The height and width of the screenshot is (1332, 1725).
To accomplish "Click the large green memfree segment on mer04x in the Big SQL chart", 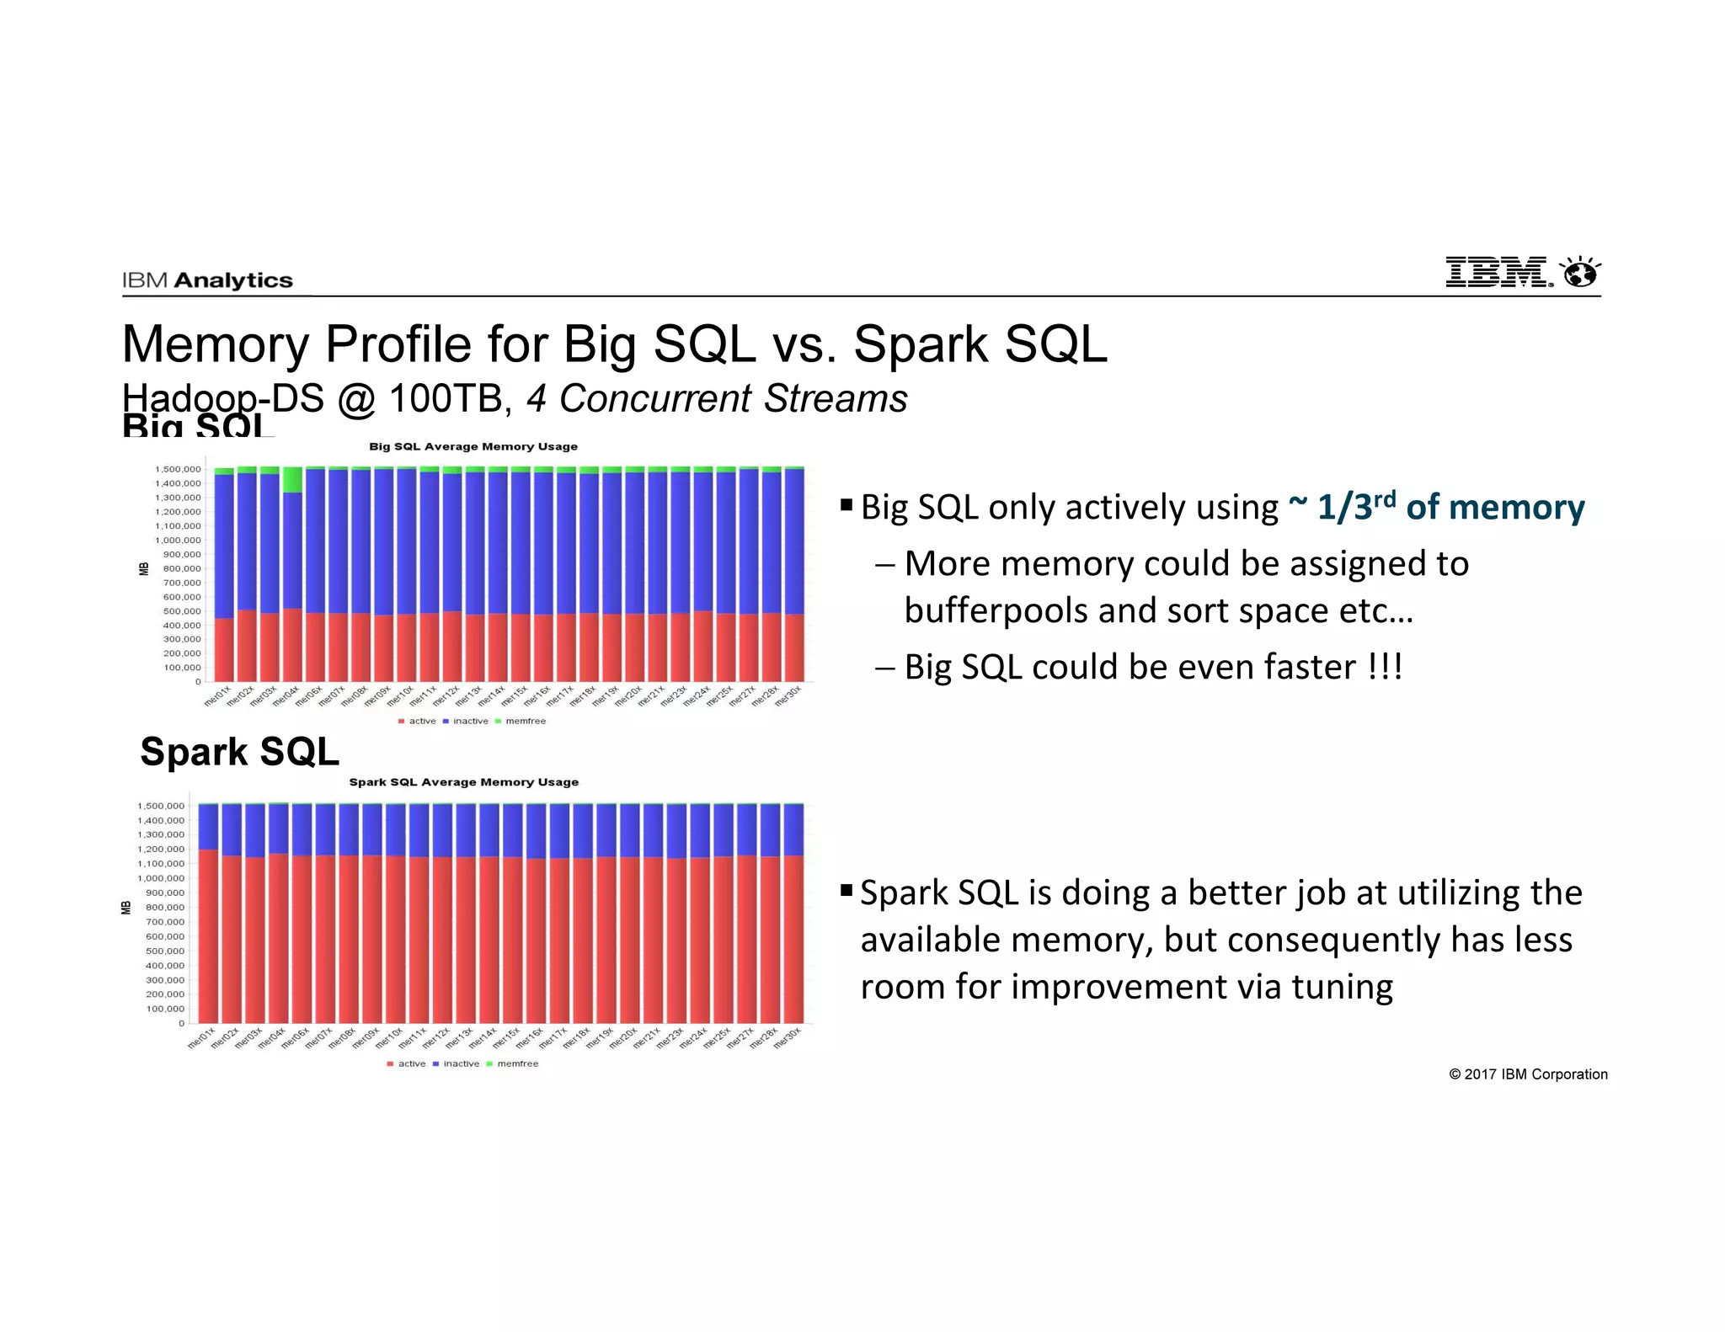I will coord(292,479).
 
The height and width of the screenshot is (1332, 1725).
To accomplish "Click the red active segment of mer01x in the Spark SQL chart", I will coord(208,935).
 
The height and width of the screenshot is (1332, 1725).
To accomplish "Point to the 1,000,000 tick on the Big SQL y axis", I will coord(178,541).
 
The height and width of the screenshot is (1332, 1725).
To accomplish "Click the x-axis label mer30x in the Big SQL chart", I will coord(788,697).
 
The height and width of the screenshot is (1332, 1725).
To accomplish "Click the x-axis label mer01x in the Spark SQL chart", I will coord(201,1037).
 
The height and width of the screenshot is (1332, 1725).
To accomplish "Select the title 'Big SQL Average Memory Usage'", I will coord(473,446).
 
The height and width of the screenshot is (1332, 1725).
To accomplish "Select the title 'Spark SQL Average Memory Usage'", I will coord(463,782).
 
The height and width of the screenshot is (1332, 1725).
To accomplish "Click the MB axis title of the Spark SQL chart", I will coord(126,908).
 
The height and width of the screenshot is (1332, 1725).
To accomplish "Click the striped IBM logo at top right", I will coord(1498,273).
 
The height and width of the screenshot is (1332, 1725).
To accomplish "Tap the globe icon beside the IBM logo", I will coord(1579,273).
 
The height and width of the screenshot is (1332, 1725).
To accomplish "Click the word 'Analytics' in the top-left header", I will coord(233,280).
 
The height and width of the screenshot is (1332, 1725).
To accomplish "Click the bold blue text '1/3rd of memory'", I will coord(1450,507).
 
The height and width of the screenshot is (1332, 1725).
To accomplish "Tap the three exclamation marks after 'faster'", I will coord(1385,667).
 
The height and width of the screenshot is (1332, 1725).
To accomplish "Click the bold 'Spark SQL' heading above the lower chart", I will coord(239,751).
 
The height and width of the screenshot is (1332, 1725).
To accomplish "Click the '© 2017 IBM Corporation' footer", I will coord(1528,1074).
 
